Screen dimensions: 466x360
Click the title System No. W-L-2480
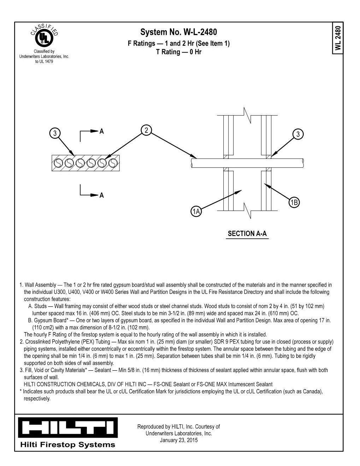point(178,32)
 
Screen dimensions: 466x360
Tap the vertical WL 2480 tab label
point(338,38)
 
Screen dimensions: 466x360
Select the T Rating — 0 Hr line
point(178,52)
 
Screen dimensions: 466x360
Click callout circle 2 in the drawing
point(146,130)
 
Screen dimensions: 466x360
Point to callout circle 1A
point(196,212)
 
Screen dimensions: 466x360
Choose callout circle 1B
point(294,202)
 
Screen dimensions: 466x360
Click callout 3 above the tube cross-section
point(55,133)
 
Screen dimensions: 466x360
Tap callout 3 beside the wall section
point(298,134)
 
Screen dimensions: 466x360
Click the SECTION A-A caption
point(247,234)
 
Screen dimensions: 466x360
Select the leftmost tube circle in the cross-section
point(58,163)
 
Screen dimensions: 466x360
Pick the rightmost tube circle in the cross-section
point(113,163)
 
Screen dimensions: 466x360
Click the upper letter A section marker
point(102,131)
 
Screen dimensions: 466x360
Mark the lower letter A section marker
point(102,195)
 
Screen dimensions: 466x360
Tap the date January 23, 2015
point(178,440)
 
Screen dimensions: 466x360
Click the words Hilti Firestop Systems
point(68,445)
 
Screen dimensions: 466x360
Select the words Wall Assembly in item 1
point(40,285)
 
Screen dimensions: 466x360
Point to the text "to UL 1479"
point(44,61)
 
